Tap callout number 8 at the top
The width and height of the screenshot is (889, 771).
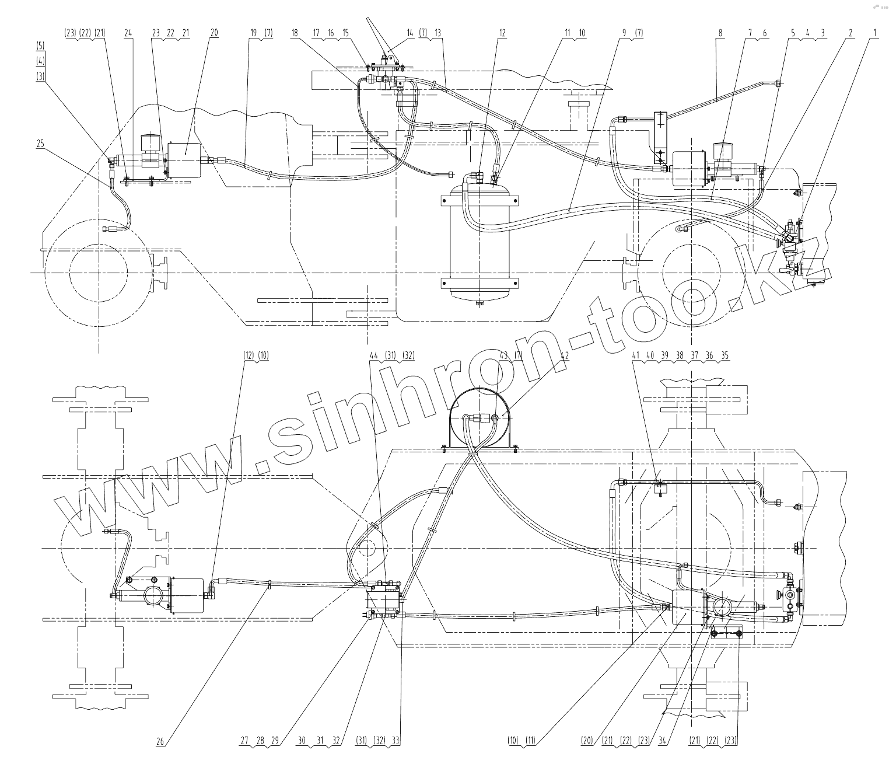point(721,34)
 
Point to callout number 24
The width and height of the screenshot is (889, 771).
point(128,34)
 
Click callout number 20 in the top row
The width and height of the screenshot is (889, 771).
point(213,34)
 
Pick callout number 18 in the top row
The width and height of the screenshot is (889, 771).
point(295,34)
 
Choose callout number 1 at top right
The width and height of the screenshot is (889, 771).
point(873,34)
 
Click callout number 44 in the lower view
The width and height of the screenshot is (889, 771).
point(374,355)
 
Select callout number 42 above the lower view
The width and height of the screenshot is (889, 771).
point(563,355)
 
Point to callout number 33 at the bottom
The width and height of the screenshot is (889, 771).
point(396,741)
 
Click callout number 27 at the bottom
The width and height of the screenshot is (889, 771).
point(244,741)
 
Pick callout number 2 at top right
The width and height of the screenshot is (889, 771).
point(851,34)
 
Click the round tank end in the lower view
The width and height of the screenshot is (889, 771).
point(480,416)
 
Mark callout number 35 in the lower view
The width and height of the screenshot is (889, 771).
point(724,355)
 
